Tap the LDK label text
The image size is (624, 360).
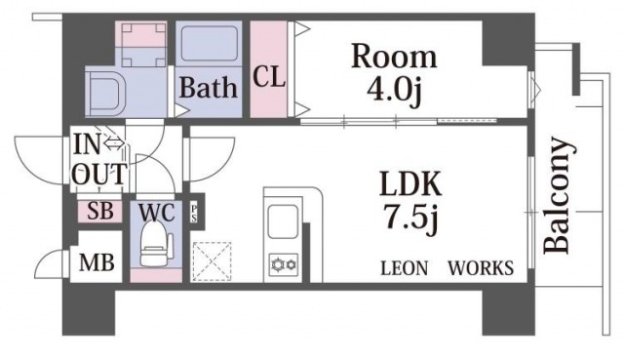point(410,183)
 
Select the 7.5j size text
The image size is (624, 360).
point(410,220)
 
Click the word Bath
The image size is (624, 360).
point(208,87)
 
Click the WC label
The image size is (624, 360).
point(156,213)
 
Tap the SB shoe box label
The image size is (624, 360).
point(99,211)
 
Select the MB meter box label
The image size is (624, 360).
point(97,262)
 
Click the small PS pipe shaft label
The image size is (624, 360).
point(194,213)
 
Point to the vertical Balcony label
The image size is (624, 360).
point(558,195)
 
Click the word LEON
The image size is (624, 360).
point(405,268)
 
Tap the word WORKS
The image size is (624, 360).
point(481,268)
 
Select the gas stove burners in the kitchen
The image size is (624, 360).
point(284,264)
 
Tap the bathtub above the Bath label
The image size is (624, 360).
point(209,44)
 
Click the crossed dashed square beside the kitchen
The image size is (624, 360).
point(212,261)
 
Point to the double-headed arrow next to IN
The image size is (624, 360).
point(113,143)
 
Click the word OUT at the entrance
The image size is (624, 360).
point(101,174)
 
